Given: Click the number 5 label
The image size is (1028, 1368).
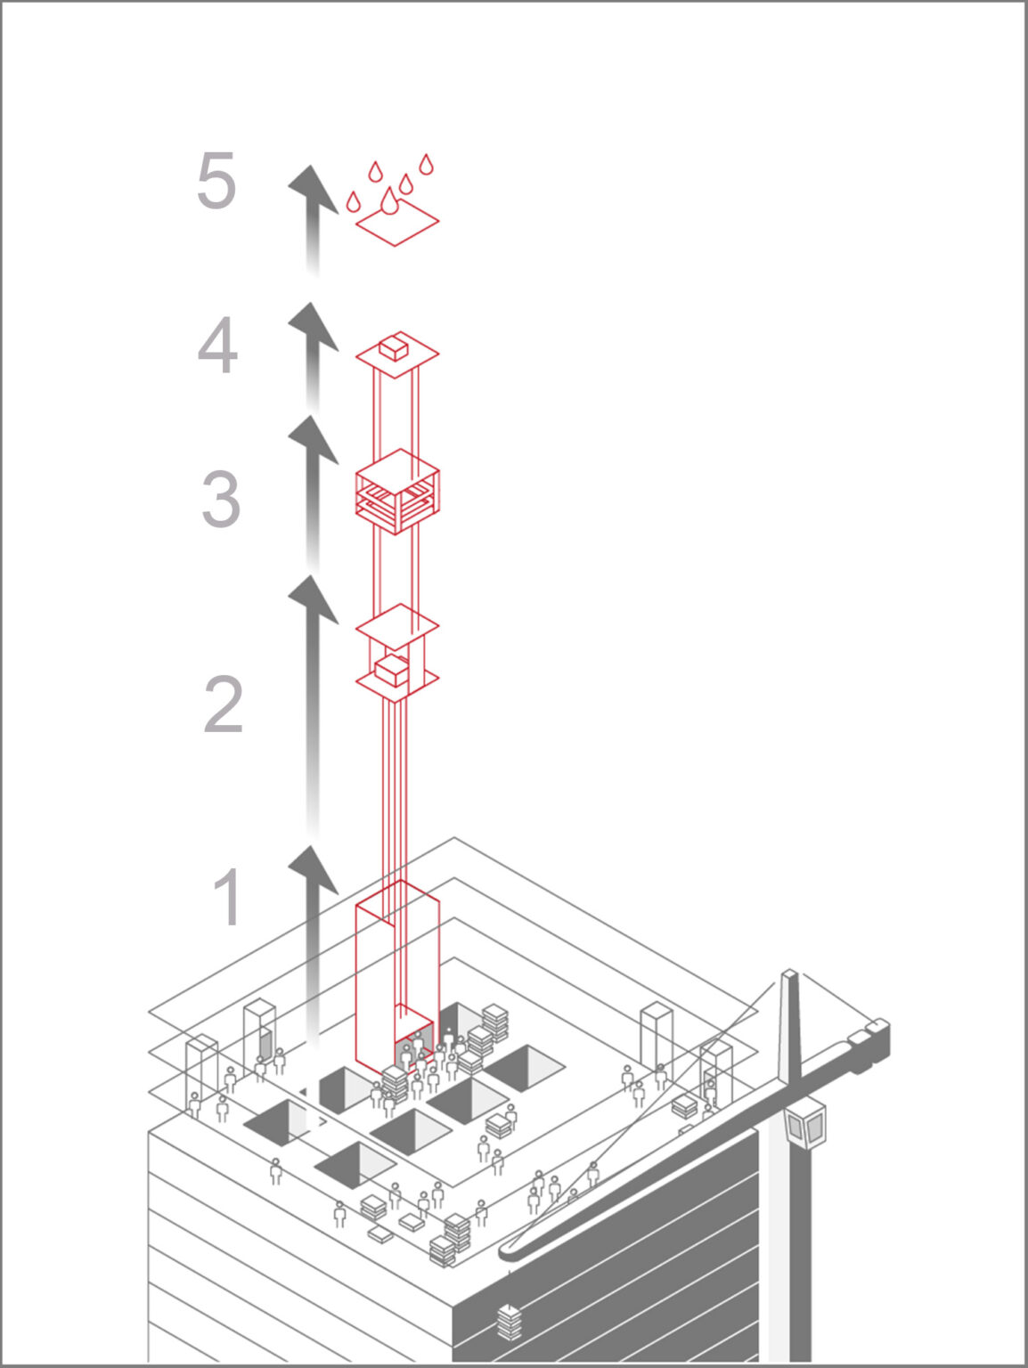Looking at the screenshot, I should [216, 181].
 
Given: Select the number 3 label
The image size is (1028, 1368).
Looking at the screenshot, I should [221, 499].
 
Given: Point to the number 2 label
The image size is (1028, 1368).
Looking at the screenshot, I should [224, 704].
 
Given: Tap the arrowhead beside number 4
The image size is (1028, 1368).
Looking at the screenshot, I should [312, 326].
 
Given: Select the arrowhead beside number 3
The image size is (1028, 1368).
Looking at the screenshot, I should [312, 439].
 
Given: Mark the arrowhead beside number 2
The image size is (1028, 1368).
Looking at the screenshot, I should [312, 599].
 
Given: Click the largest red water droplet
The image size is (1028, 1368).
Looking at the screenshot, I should [389, 202].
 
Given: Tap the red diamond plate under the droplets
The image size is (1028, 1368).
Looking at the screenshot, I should [397, 222].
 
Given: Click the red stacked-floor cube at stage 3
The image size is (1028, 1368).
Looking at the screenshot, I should [397, 492].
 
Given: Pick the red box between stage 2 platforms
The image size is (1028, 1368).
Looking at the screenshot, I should [390, 670].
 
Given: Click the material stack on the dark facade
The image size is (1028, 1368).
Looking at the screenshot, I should [509, 1322].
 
